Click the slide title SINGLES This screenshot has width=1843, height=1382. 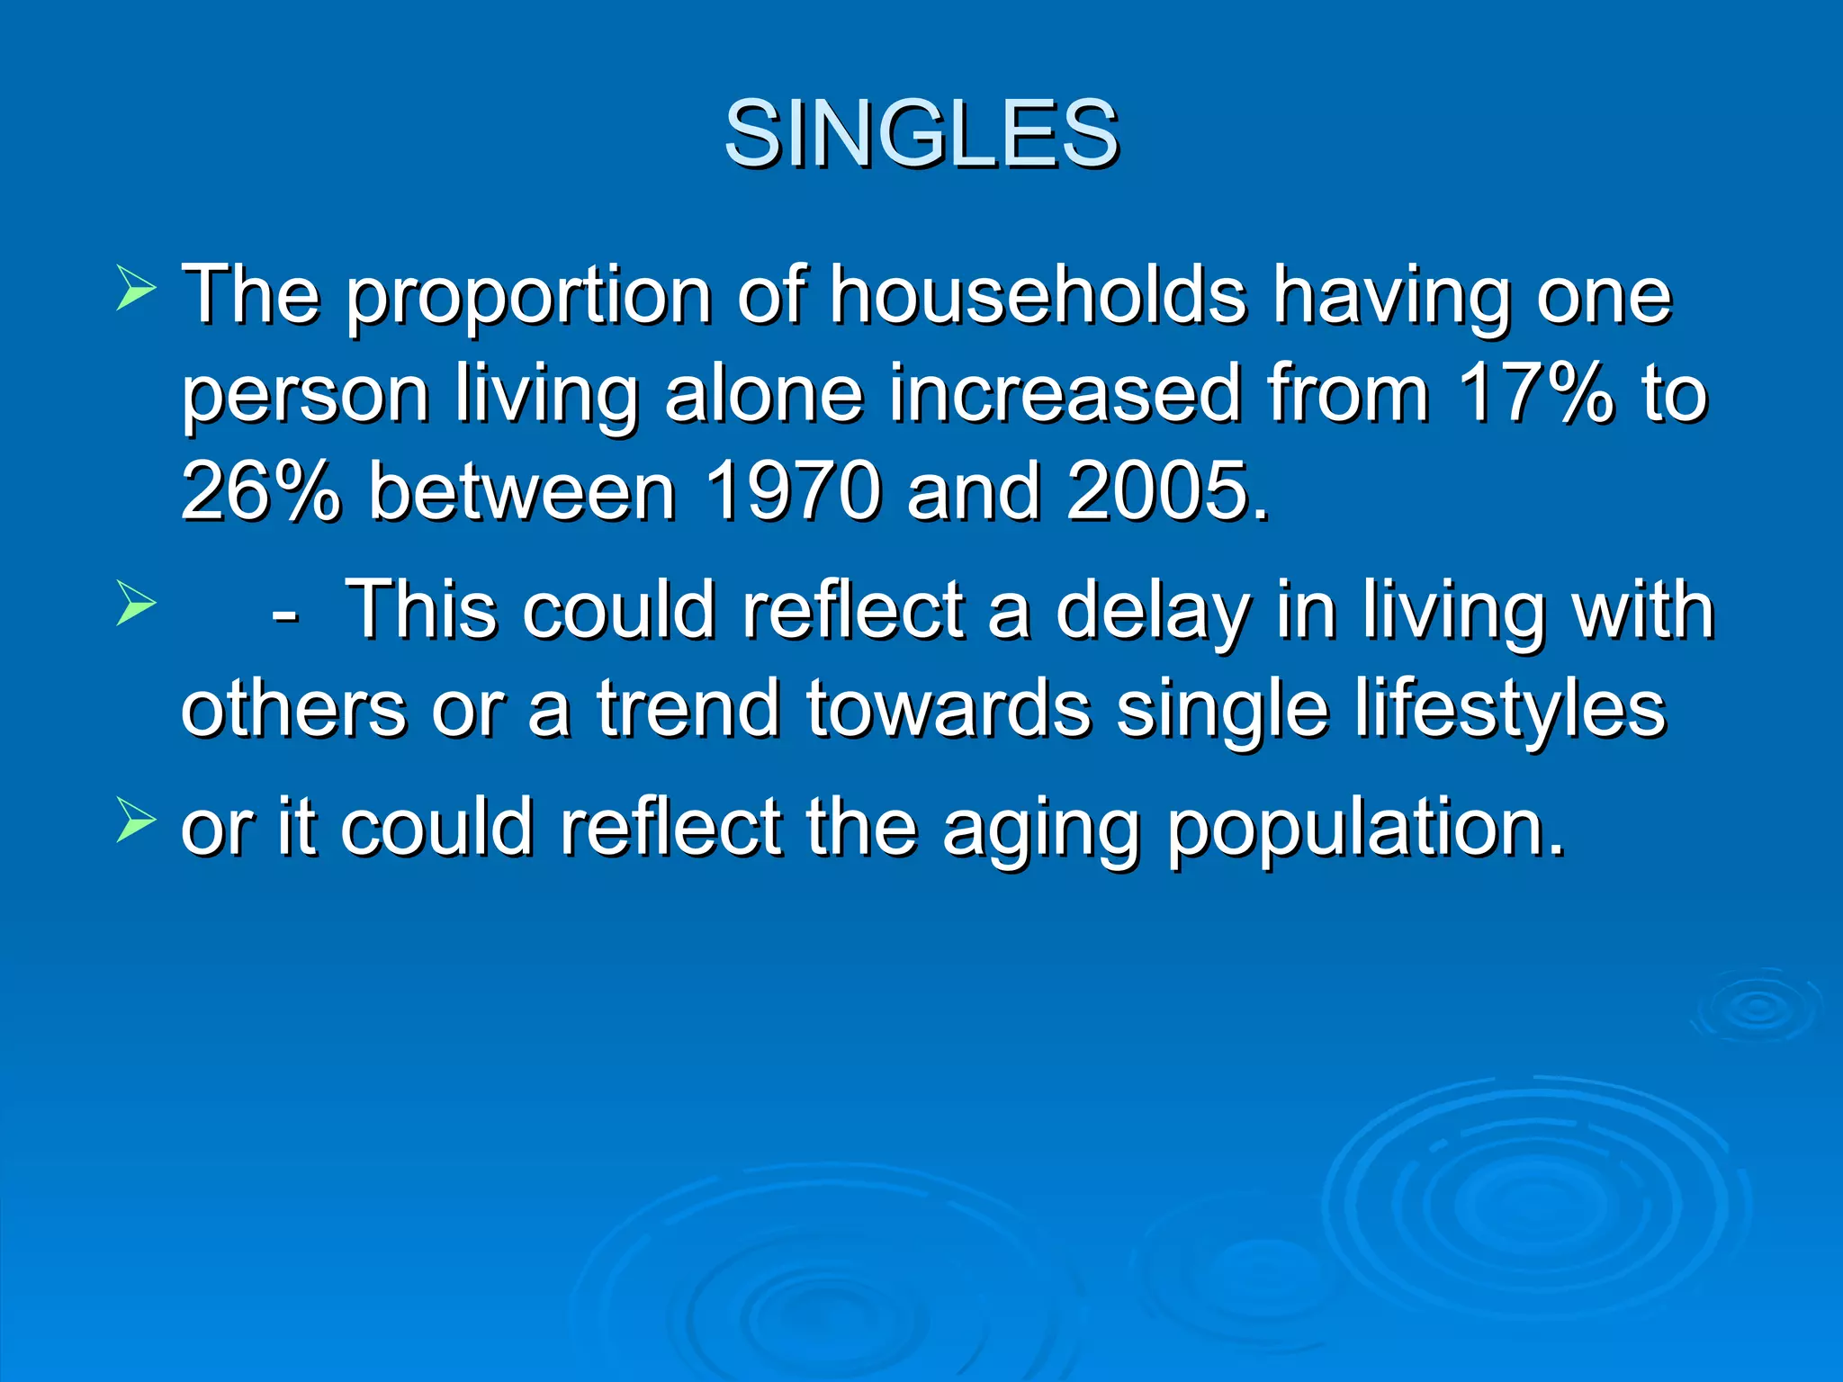921,135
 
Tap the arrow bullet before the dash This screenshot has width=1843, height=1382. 136,604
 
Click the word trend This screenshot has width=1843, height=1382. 688,709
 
